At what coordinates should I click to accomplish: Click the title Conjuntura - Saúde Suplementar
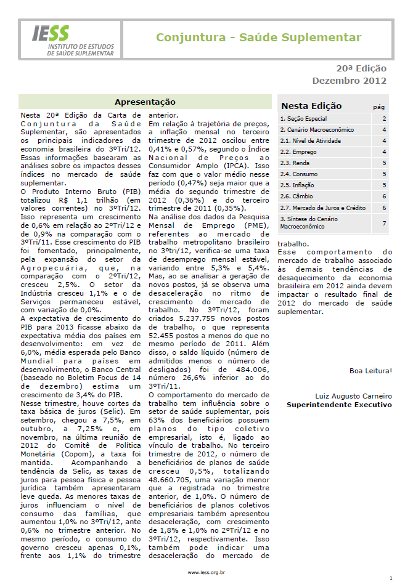pos(258,38)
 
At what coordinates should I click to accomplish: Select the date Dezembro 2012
pos(349,81)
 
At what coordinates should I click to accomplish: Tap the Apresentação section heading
pos(145,102)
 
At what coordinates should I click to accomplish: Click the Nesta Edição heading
pos(311,106)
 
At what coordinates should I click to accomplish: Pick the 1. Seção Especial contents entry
pos(303,119)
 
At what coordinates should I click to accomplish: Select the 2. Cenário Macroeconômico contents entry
pos(317,130)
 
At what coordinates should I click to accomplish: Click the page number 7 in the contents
pos(384,222)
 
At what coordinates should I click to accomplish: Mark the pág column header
pos(379,107)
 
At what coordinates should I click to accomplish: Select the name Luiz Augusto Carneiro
pos(353,395)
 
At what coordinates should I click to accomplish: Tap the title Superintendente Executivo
pos(339,405)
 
